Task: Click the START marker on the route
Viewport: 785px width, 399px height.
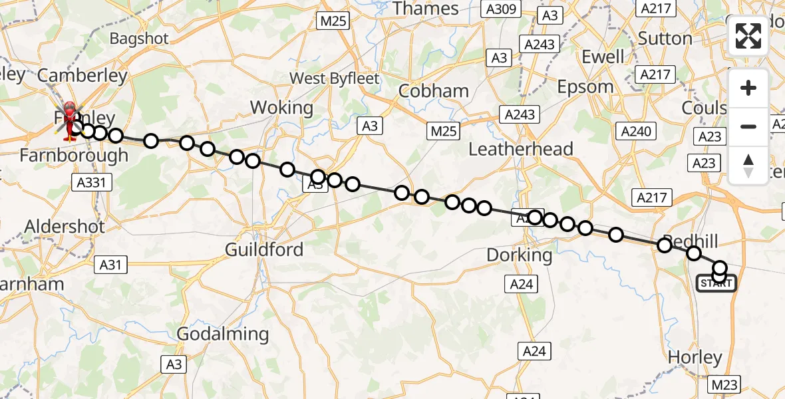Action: click(x=716, y=284)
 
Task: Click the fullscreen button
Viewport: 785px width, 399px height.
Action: click(x=748, y=36)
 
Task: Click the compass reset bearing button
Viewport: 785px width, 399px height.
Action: click(x=748, y=166)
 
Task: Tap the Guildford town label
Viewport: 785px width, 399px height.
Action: click(x=264, y=250)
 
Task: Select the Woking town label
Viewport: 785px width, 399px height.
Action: click(x=281, y=108)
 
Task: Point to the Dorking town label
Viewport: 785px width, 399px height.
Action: click(x=520, y=255)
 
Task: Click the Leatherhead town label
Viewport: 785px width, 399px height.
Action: click(x=521, y=149)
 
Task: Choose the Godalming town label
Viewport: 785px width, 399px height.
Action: click(x=223, y=334)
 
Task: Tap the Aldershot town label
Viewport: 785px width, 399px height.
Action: click(x=65, y=227)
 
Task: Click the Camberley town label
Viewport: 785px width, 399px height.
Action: click(x=82, y=76)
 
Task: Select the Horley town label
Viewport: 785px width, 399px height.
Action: click(x=695, y=358)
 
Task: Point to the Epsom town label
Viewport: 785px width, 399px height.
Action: click(x=585, y=87)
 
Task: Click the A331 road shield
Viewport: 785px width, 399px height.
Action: click(x=92, y=182)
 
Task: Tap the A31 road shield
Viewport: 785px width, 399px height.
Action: click(x=110, y=265)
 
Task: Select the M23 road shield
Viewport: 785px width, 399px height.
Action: click(x=724, y=384)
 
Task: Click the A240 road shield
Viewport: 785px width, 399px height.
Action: click(x=635, y=131)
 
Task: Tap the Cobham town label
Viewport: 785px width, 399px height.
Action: click(x=433, y=91)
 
